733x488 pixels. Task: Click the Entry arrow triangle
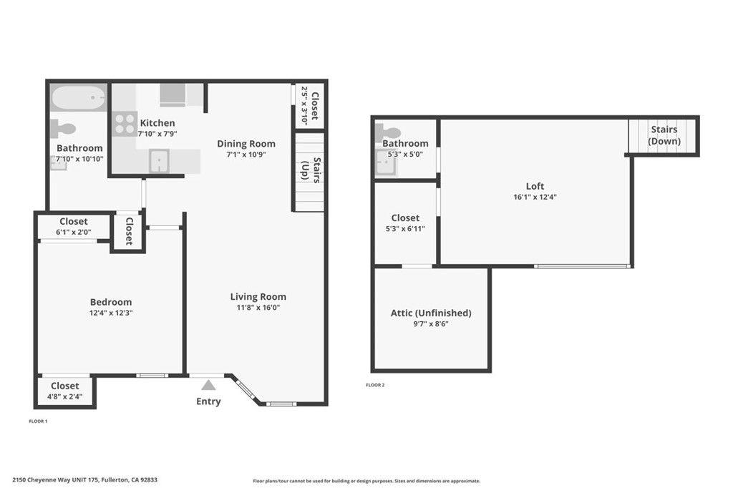[208, 385]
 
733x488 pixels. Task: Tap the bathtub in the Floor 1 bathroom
[79, 98]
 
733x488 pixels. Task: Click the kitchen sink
[159, 161]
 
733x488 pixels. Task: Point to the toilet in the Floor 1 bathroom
[63, 129]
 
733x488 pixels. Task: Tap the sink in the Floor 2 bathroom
[386, 163]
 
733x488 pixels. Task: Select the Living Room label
[258, 296]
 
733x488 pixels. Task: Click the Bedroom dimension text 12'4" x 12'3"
[111, 313]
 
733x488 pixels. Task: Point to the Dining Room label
[246, 144]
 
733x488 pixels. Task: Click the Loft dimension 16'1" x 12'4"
[535, 197]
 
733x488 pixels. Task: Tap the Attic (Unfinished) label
[431, 313]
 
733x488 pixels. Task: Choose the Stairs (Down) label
[664, 135]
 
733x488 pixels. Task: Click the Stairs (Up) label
[311, 170]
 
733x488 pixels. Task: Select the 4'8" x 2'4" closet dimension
[65, 396]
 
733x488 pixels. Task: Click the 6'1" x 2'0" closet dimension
[74, 232]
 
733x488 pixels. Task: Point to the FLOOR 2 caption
[375, 385]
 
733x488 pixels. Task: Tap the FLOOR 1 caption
[38, 421]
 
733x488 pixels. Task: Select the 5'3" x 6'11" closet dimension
[405, 228]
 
